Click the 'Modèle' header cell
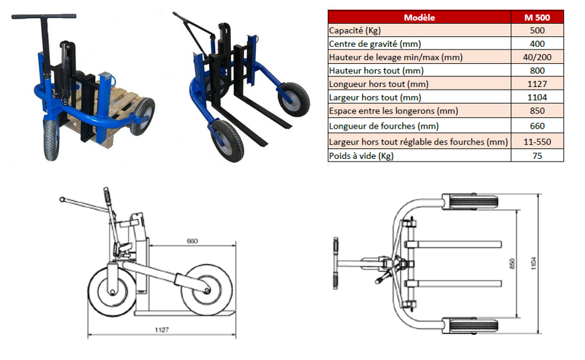[x=419, y=18]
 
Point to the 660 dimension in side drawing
[x=193, y=241]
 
